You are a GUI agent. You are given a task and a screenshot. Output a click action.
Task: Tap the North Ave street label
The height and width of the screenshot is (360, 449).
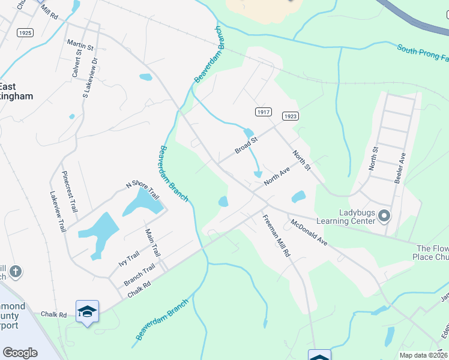pos(277,176)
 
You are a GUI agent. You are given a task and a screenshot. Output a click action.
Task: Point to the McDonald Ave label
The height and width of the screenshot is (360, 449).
pos(309,233)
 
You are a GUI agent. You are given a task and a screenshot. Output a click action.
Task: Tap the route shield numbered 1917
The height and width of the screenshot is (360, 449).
pos(264,112)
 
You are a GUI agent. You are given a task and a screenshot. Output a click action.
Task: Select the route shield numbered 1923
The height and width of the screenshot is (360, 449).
pos(289,116)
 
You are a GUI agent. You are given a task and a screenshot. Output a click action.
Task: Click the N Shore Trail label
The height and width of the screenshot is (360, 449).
pos(142,191)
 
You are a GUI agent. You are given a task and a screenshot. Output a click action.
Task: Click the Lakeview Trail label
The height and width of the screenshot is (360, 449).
pos(58,212)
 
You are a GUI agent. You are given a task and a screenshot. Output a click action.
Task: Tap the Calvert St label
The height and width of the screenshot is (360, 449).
pos(76,62)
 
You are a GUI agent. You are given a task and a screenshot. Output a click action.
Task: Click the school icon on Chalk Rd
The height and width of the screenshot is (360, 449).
pos(87,311)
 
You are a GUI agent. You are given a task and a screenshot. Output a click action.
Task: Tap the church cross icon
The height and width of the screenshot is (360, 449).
pos(16,272)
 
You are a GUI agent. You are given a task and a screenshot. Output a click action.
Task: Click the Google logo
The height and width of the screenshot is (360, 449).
pos(20,353)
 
